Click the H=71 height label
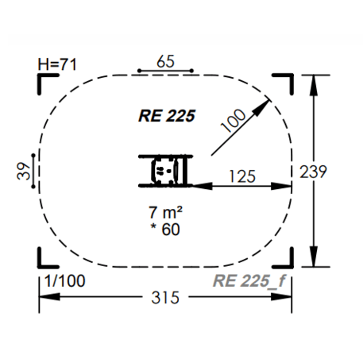tap(57, 64)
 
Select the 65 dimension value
tap(165, 62)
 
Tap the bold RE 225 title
tap(167, 116)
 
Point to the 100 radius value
tap(234, 121)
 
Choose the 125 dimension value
tap(242, 176)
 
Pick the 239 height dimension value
tap(313, 172)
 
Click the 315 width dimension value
tap(165, 297)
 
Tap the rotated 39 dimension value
tap(23, 171)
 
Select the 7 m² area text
tap(165, 212)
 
